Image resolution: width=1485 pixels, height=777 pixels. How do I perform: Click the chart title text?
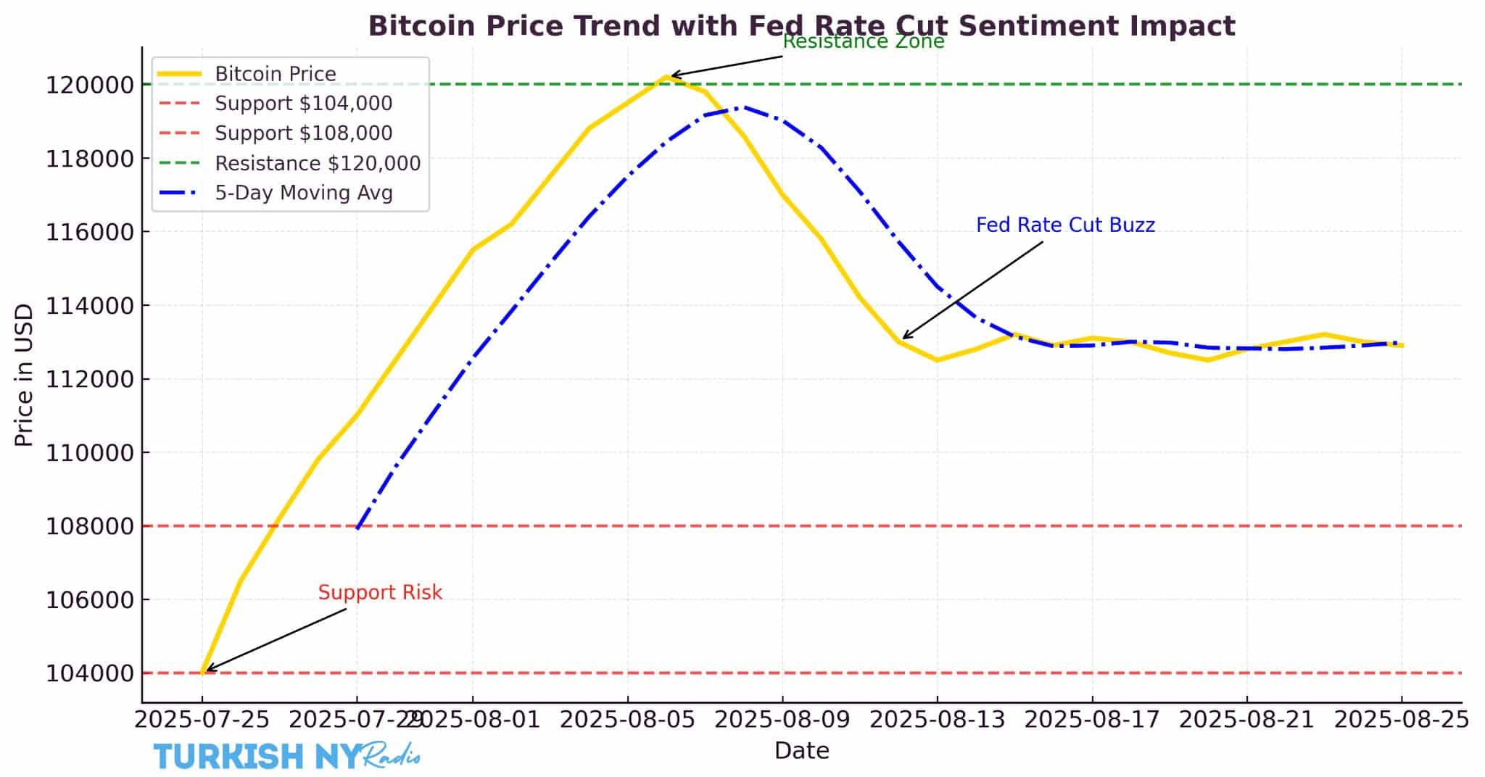pyautogui.click(x=801, y=26)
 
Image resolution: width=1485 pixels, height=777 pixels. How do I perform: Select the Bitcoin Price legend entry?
pyautogui.click(x=275, y=74)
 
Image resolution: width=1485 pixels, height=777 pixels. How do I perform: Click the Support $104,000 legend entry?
pyautogui.click(x=303, y=104)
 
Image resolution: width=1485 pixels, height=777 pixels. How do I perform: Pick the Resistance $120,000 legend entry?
pyautogui.click(x=317, y=163)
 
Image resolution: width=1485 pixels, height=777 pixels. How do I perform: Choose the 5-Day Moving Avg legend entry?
pyautogui.click(x=303, y=193)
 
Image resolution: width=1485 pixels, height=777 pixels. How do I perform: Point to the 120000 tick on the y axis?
pyautogui.click(x=90, y=85)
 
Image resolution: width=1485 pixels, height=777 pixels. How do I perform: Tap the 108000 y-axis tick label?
pyautogui.click(x=90, y=526)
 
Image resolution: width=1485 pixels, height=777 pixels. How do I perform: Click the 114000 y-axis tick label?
pyautogui.click(x=90, y=306)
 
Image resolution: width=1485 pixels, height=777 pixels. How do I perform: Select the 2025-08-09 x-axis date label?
pyautogui.click(x=782, y=720)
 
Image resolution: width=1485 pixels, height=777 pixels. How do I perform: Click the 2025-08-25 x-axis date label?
pyautogui.click(x=1401, y=720)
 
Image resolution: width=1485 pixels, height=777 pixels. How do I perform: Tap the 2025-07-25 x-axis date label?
pyautogui.click(x=202, y=720)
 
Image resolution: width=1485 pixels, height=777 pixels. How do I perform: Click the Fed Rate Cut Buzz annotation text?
pyautogui.click(x=1064, y=225)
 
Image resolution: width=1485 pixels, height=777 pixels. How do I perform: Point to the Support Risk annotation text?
pyautogui.click(x=380, y=593)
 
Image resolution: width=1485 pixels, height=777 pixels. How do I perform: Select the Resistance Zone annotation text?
pyautogui.click(x=863, y=42)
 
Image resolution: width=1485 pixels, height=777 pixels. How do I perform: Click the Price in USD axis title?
pyautogui.click(x=24, y=375)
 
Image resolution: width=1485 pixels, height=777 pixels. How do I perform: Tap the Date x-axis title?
pyautogui.click(x=801, y=751)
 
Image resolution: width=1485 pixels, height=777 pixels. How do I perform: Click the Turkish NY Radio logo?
pyautogui.click(x=286, y=756)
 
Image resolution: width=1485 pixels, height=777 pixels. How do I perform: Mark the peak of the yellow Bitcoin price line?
pyautogui.click(x=666, y=76)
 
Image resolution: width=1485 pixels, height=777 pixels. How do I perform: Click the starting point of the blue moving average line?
pyautogui.click(x=357, y=528)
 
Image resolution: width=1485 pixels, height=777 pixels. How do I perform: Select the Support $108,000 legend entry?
pyautogui.click(x=303, y=133)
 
